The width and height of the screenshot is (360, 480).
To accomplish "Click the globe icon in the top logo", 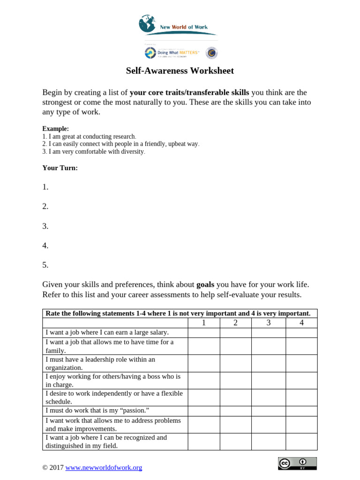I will [x=147, y=24].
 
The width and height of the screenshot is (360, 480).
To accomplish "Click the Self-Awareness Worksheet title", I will [x=180, y=71].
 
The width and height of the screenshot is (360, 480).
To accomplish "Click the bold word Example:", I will [x=55, y=128].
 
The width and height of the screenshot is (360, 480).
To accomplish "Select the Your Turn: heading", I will [x=60, y=168].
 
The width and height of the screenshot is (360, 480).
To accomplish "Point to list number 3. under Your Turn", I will [x=45, y=226].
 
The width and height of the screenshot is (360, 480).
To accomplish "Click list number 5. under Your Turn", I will [x=45, y=265].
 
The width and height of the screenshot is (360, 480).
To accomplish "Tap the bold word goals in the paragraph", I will [x=205, y=285].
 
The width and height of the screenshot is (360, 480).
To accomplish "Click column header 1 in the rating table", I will [x=203, y=322].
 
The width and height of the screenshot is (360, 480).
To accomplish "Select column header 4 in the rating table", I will [x=301, y=322].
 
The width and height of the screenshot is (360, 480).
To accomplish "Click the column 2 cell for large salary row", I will [x=235, y=332].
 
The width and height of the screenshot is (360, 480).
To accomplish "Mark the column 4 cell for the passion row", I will [x=301, y=410].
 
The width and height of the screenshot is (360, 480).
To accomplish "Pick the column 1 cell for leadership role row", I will [x=203, y=363].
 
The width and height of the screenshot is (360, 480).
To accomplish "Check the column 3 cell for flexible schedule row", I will [x=268, y=397].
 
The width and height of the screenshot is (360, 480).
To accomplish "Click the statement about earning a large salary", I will [x=107, y=332].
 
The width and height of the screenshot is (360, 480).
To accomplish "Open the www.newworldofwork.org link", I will [x=104, y=467].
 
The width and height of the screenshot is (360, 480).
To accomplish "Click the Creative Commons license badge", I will [x=297, y=464].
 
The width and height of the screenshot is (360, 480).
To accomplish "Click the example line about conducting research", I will [x=89, y=136].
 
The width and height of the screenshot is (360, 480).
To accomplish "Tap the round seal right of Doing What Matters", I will [x=212, y=53].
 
